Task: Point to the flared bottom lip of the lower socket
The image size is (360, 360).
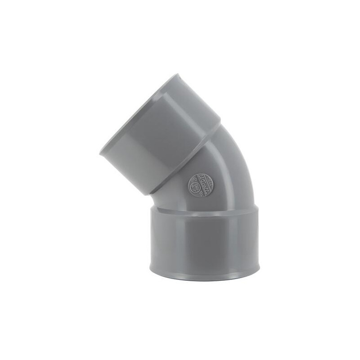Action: coord(204,272)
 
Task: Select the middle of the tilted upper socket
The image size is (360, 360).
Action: coord(162,135)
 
